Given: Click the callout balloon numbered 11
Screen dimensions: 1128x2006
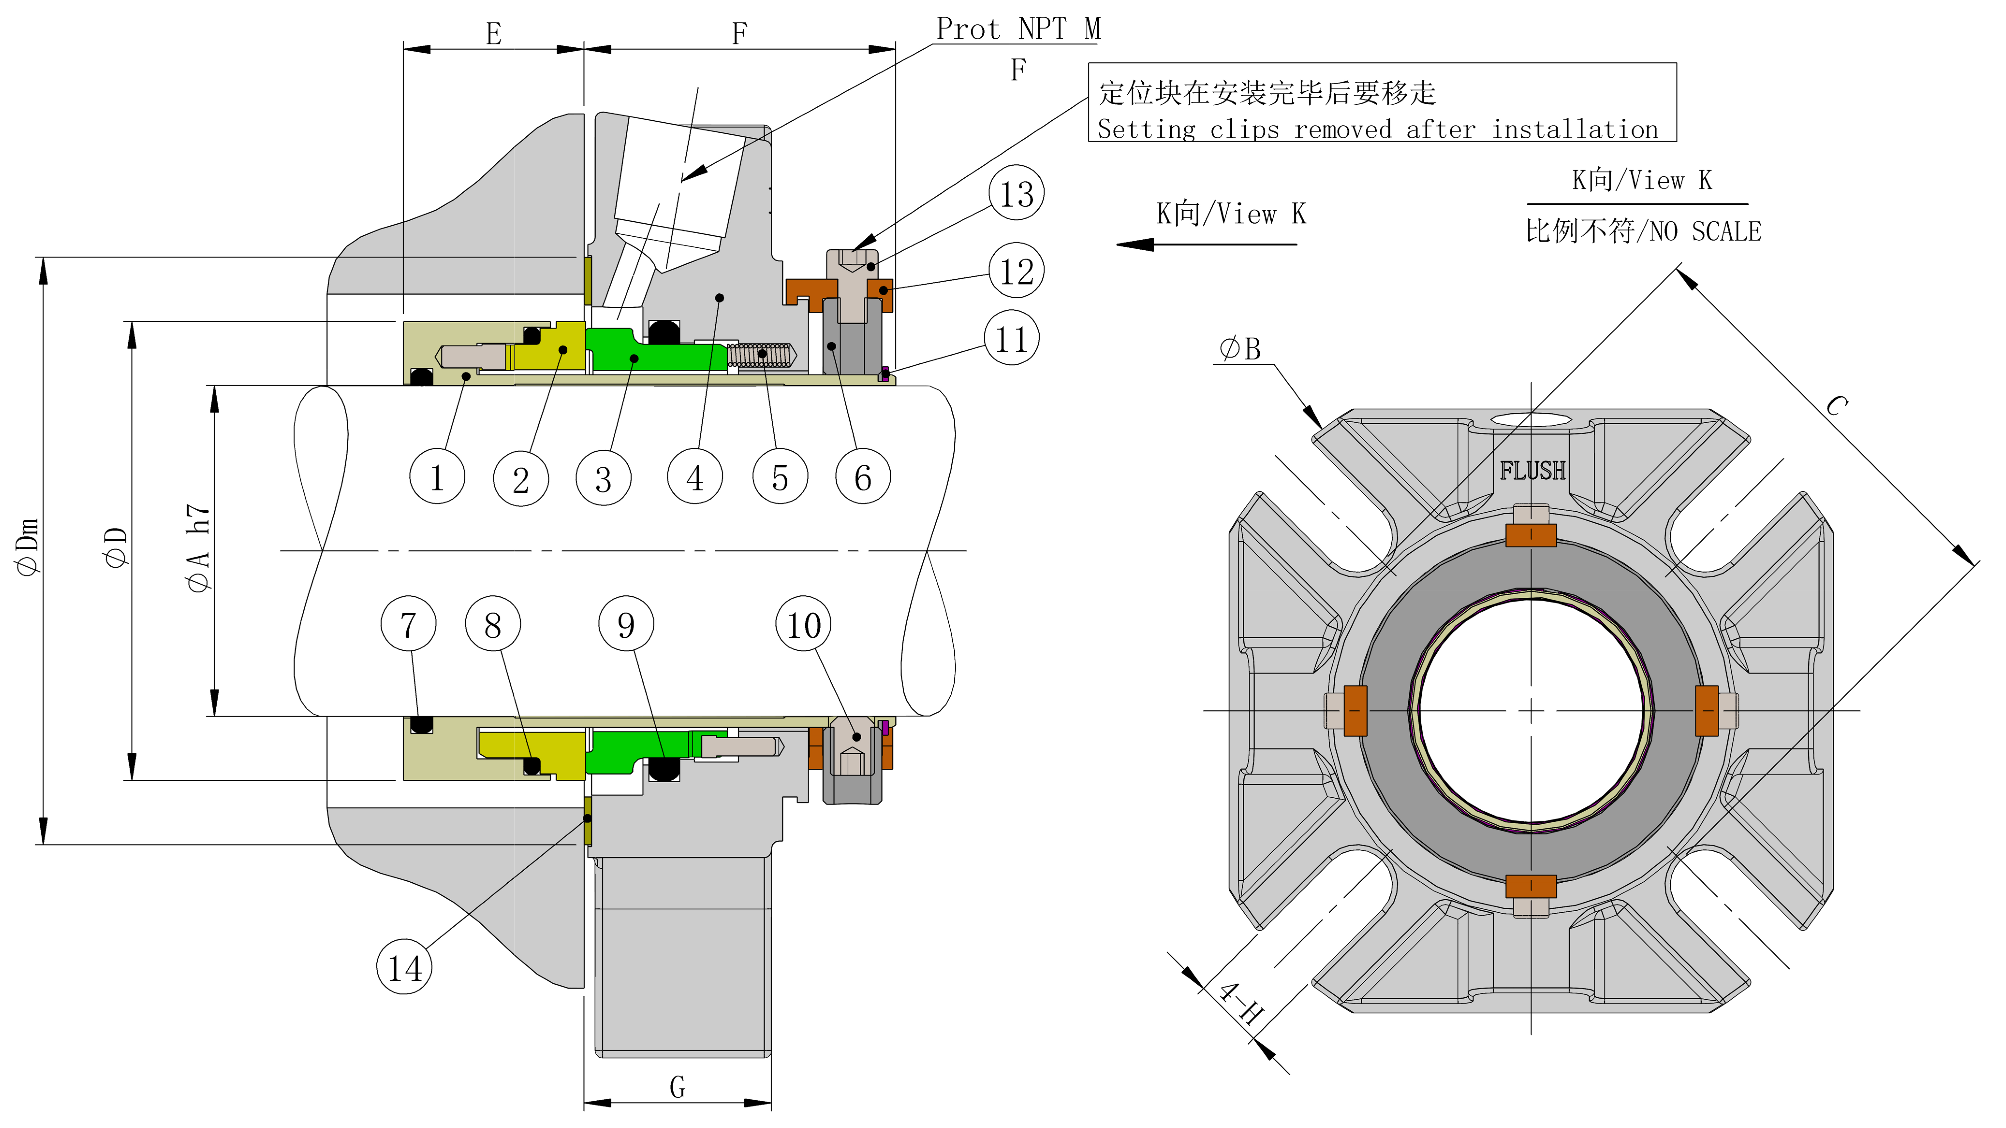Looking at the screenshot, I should click(x=1011, y=339).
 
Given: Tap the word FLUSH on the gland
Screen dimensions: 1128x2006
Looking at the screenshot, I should click(x=1532, y=470).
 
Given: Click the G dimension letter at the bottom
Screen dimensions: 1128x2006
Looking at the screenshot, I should click(x=678, y=1087).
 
